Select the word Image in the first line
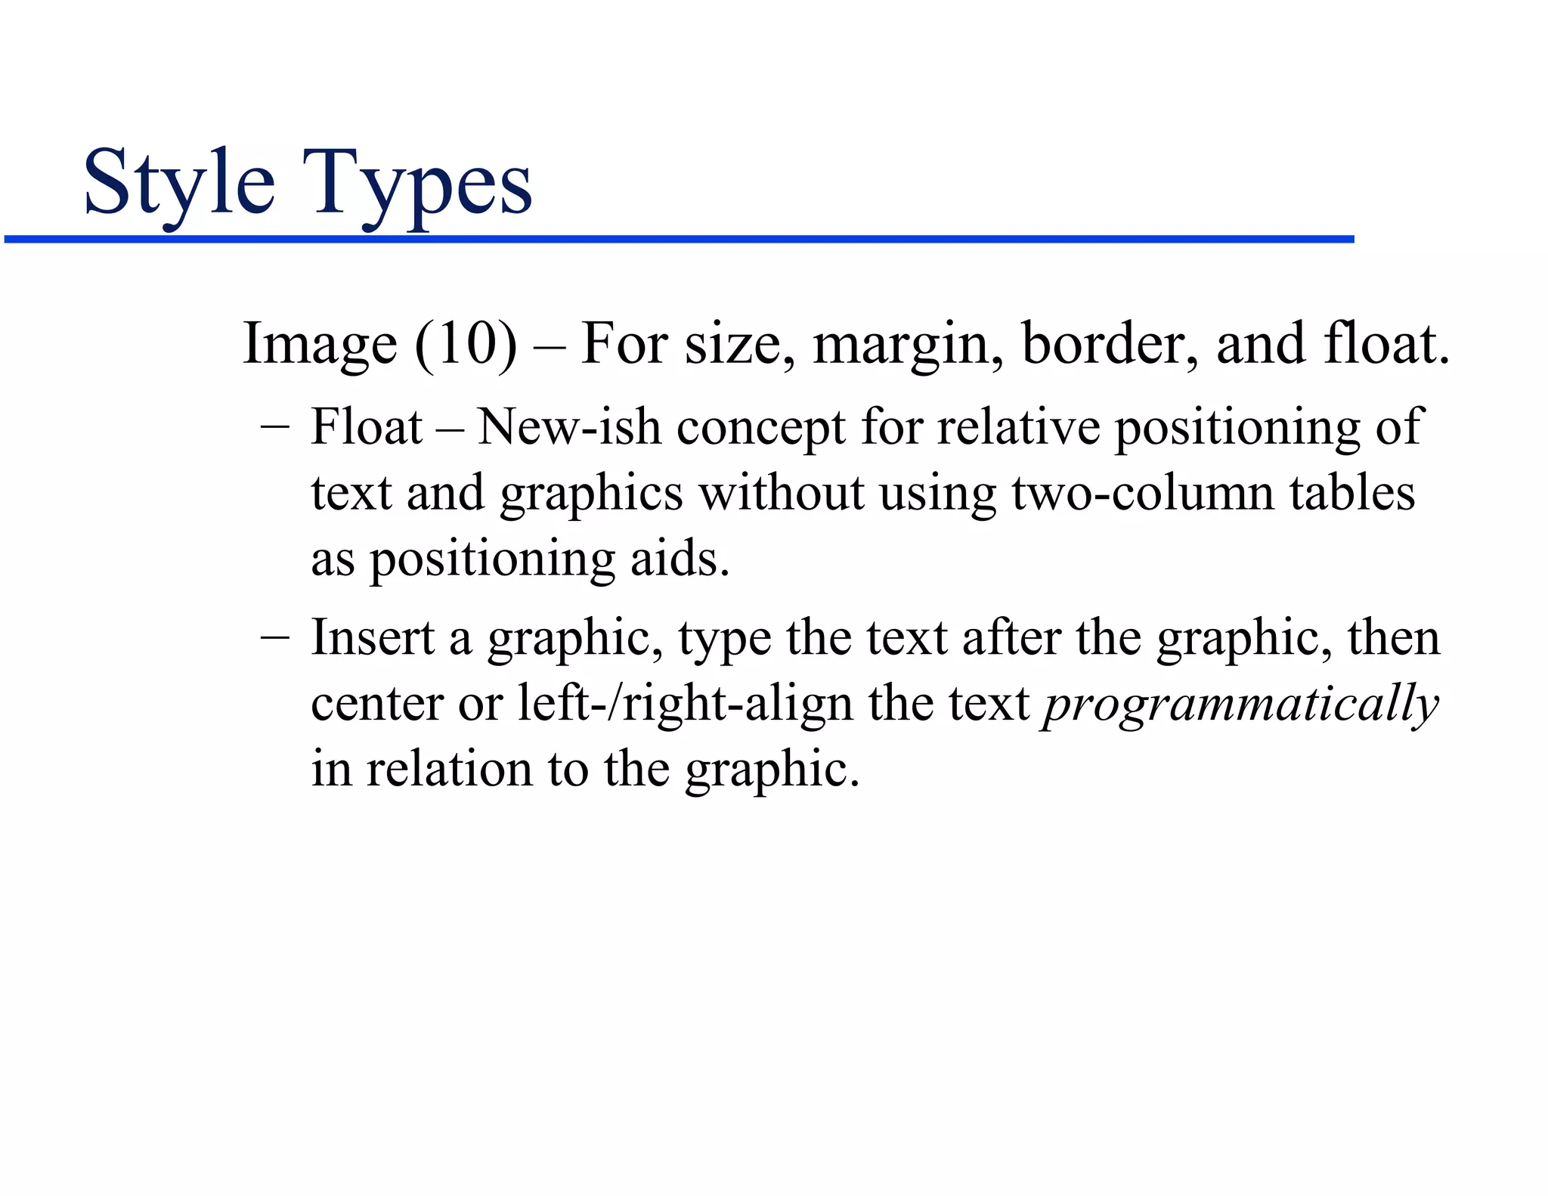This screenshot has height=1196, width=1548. point(319,345)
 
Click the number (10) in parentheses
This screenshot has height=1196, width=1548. point(466,345)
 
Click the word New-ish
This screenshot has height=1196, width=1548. point(568,427)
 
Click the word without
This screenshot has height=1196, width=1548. point(781,493)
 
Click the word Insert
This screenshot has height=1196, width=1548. point(372,637)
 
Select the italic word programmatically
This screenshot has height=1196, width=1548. point(1240,705)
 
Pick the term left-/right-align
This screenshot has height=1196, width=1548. point(685,704)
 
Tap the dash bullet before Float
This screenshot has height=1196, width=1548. point(274,426)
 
